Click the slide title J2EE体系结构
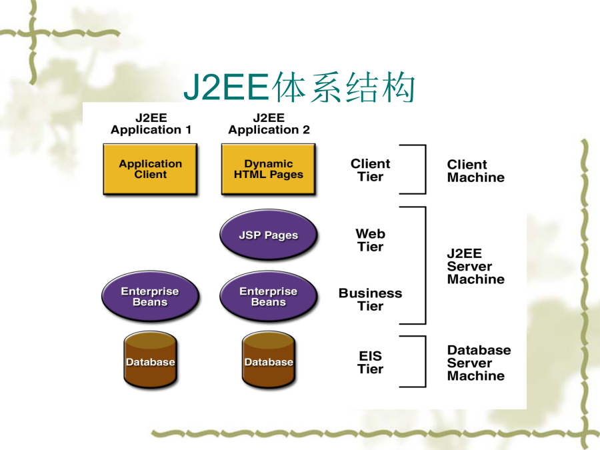click(x=299, y=87)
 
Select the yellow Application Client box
click(x=151, y=169)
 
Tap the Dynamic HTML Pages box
click(x=269, y=169)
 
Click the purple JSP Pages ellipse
click(x=269, y=235)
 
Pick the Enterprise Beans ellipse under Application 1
click(x=151, y=296)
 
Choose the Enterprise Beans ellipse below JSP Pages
click(x=269, y=296)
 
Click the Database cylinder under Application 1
click(x=151, y=360)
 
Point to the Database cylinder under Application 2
click(x=269, y=360)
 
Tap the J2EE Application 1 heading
click(x=151, y=123)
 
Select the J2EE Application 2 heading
click(x=269, y=123)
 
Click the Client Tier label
click(x=371, y=170)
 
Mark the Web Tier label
click(x=371, y=240)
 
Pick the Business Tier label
click(x=371, y=299)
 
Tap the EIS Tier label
click(x=371, y=362)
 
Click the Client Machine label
click(x=475, y=171)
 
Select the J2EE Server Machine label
click(x=475, y=266)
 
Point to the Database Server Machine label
click(x=479, y=363)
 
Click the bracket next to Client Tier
click(x=425, y=169)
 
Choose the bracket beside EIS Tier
click(x=425, y=361)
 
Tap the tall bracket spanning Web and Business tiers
click(x=425, y=265)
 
